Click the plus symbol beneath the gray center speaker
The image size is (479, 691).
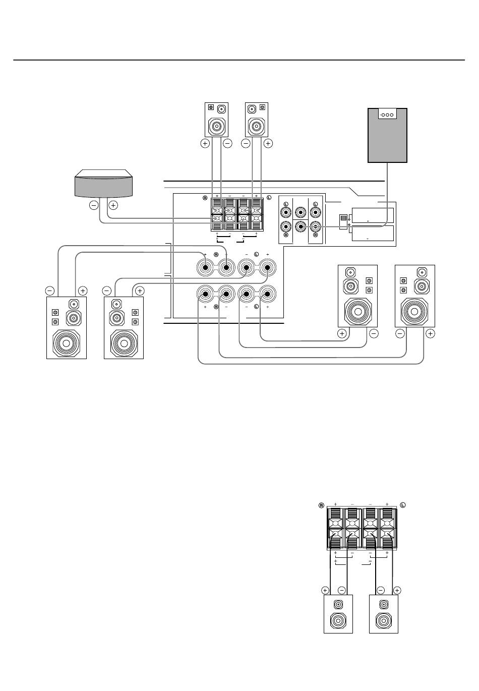coord(113,205)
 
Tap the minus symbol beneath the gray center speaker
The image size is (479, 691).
coord(94,205)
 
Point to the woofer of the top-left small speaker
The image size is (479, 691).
coord(216,126)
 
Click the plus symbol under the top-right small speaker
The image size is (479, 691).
coord(268,143)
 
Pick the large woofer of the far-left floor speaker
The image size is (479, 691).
coord(67,343)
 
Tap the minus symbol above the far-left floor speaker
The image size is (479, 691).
coord(49,291)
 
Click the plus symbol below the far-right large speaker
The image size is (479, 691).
coord(430,333)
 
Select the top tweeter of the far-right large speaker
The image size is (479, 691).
coord(422,272)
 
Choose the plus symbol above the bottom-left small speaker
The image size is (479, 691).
coord(325,591)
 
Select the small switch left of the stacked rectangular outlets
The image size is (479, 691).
coord(343,222)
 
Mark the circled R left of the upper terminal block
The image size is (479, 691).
coord(205,198)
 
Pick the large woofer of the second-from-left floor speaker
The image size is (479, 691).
coord(124,343)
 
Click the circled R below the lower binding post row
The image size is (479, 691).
coord(216,307)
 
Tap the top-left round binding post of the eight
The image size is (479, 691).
coord(205,268)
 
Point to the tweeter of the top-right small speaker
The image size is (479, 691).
coord(252,109)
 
